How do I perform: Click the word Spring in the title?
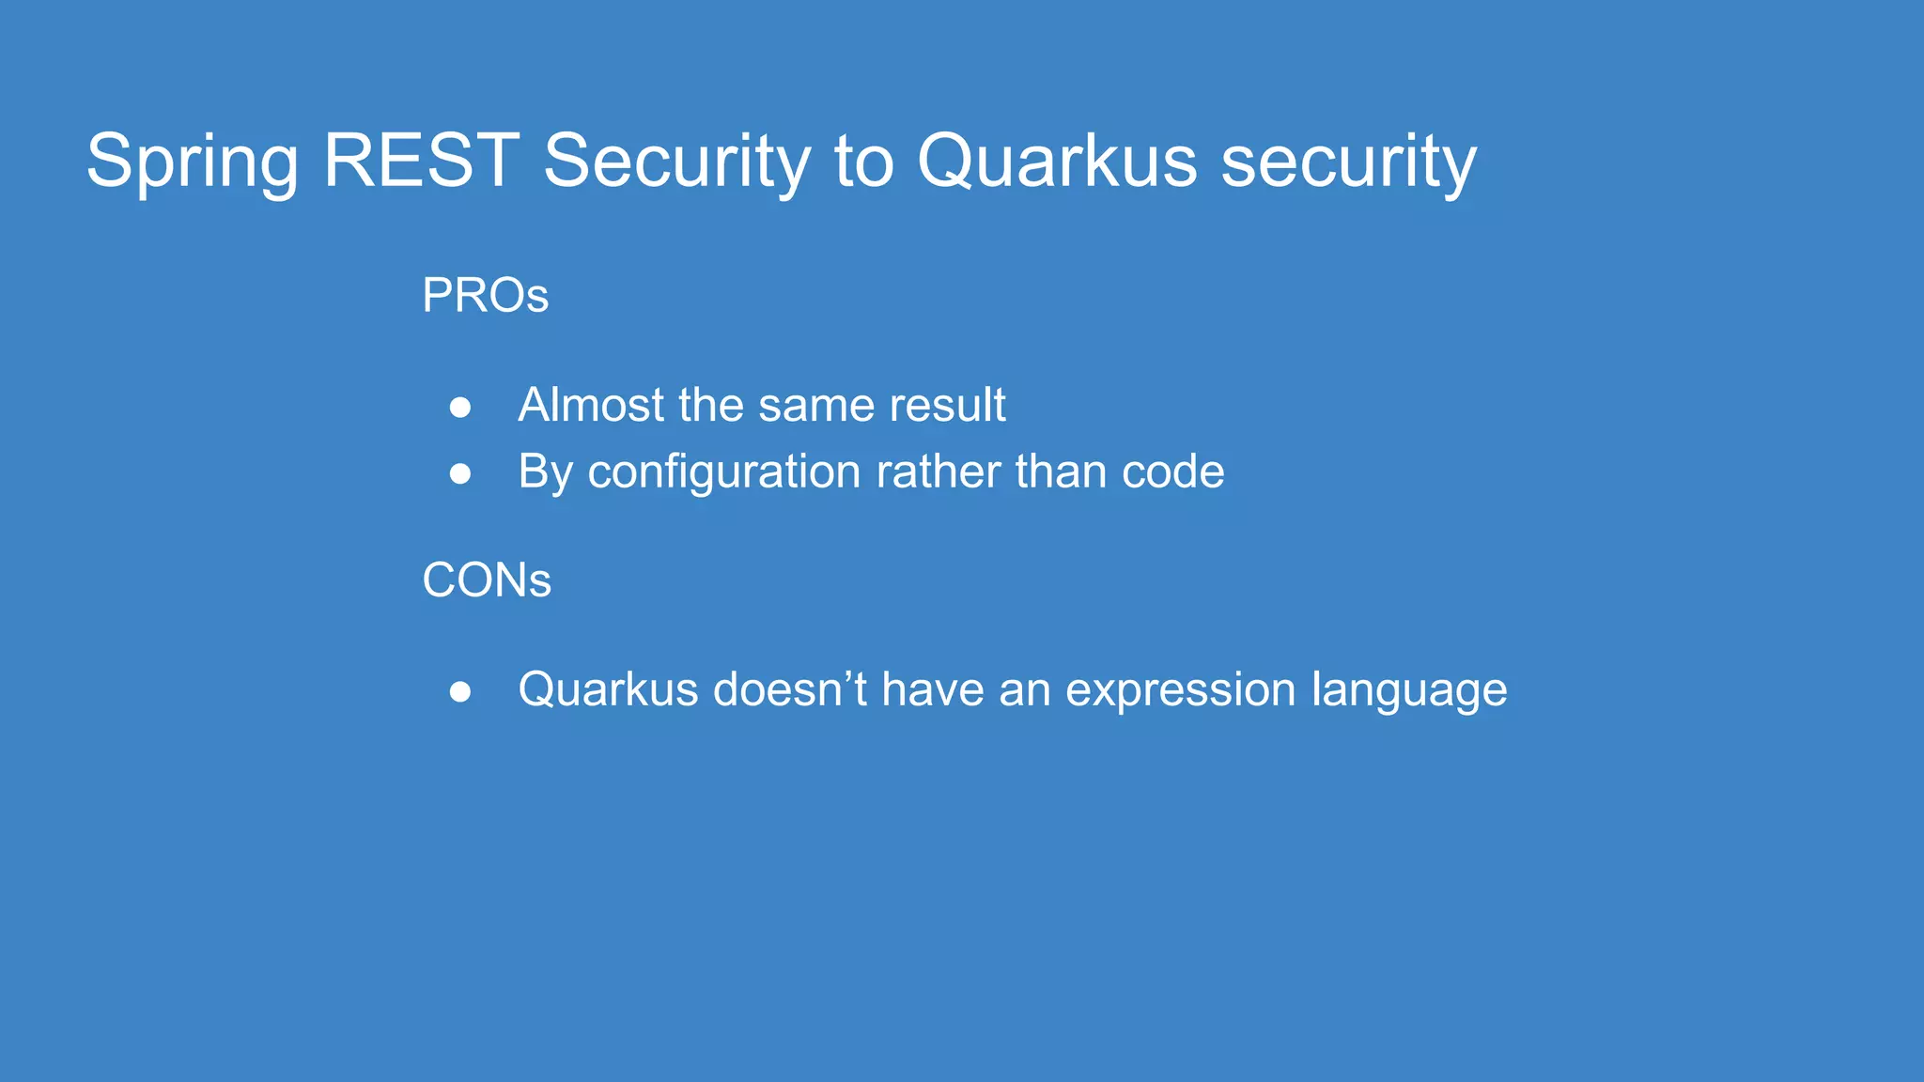192,162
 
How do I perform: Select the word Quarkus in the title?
1057,162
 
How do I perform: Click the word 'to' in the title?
863,162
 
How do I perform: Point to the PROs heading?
485,296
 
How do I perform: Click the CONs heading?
487,580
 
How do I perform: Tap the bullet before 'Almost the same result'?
460,407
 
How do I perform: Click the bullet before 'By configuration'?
460,473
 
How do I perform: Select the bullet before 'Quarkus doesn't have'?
460,691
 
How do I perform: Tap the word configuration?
723,472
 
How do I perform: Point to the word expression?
1181,691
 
